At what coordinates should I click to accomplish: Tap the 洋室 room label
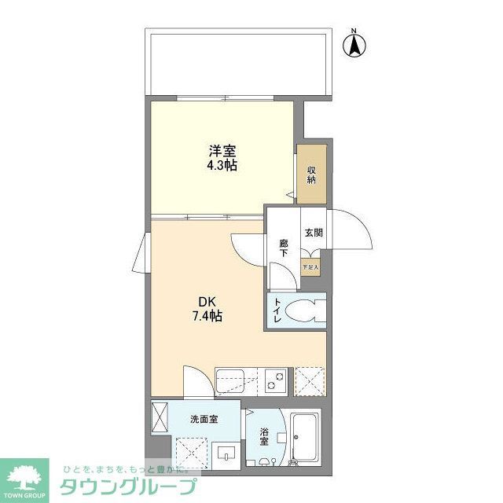click(x=222, y=150)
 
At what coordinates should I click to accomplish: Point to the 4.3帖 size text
click(x=222, y=166)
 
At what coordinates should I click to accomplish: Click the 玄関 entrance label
click(x=314, y=232)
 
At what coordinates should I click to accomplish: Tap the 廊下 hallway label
click(x=284, y=248)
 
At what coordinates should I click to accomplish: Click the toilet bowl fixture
click(x=305, y=311)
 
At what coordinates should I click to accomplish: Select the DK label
click(x=207, y=301)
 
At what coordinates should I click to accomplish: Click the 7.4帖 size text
click(x=207, y=317)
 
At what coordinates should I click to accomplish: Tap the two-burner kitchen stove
click(x=275, y=381)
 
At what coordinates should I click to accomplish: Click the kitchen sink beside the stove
click(x=237, y=381)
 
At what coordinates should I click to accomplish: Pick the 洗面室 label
click(x=204, y=419)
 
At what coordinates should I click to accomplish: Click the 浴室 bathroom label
click(x=264, y=437)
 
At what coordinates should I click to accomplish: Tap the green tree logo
click(x=25, y=477)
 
